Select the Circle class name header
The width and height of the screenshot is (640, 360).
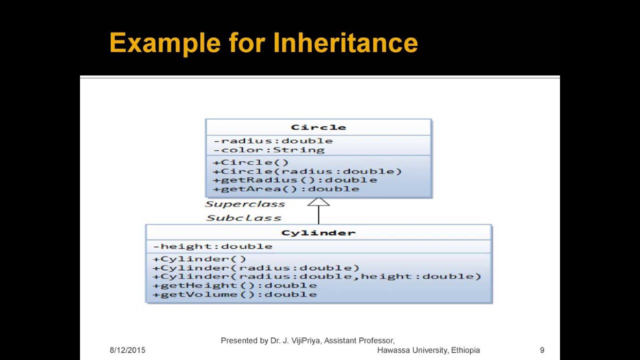318,127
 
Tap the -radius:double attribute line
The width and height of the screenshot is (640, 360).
273,141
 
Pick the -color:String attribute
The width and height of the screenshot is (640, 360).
269,150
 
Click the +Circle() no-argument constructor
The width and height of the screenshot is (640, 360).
251,162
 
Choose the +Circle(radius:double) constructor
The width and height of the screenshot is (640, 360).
307,171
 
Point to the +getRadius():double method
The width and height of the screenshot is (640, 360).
295,180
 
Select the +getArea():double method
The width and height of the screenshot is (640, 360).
286,189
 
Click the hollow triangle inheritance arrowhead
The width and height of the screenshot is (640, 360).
318,202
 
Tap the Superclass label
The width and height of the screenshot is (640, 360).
245,204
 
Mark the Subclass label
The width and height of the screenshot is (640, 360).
244,218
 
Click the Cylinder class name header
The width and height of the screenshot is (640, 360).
318,233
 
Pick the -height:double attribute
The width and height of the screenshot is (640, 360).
213,246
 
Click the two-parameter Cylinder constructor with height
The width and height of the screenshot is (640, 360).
317,276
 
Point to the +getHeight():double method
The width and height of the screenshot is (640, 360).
235,285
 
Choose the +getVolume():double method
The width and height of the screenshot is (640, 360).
235,294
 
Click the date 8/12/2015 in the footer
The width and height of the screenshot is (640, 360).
127,350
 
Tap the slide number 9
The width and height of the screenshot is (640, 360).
542,350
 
